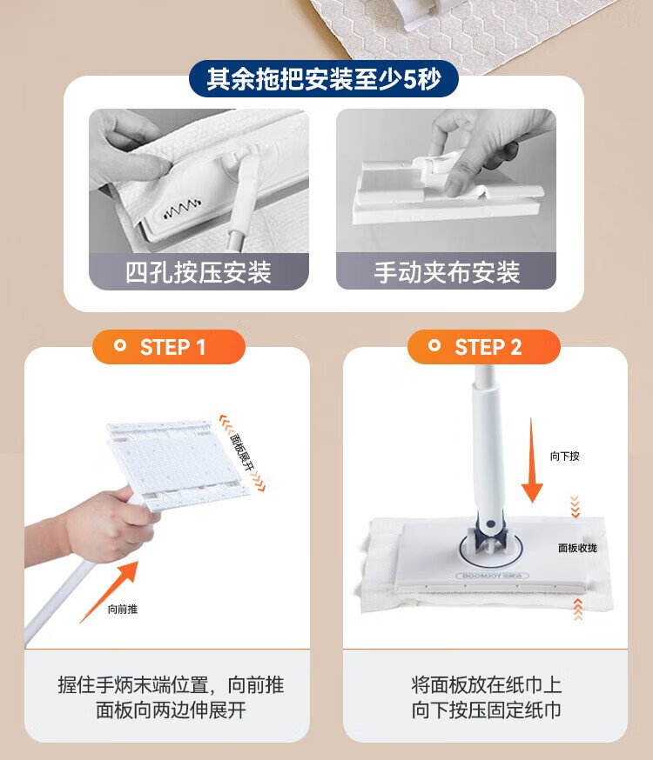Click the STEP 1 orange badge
coord(169,347)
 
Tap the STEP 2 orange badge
coord(484,347)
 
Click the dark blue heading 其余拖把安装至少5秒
coord(324,78)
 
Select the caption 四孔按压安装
coord(199,272)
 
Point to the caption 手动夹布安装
coord(447,272)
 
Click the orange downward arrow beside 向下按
coord(532,461)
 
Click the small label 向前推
coord(123,610)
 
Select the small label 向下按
coord(565,457)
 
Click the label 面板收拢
coord(577,548)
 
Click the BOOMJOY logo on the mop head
coord(493,576)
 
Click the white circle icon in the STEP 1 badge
coord(119,345)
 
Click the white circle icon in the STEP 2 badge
coord(434,345)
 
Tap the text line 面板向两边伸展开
coord(171,710)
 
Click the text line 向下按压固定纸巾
coord(486,710)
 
